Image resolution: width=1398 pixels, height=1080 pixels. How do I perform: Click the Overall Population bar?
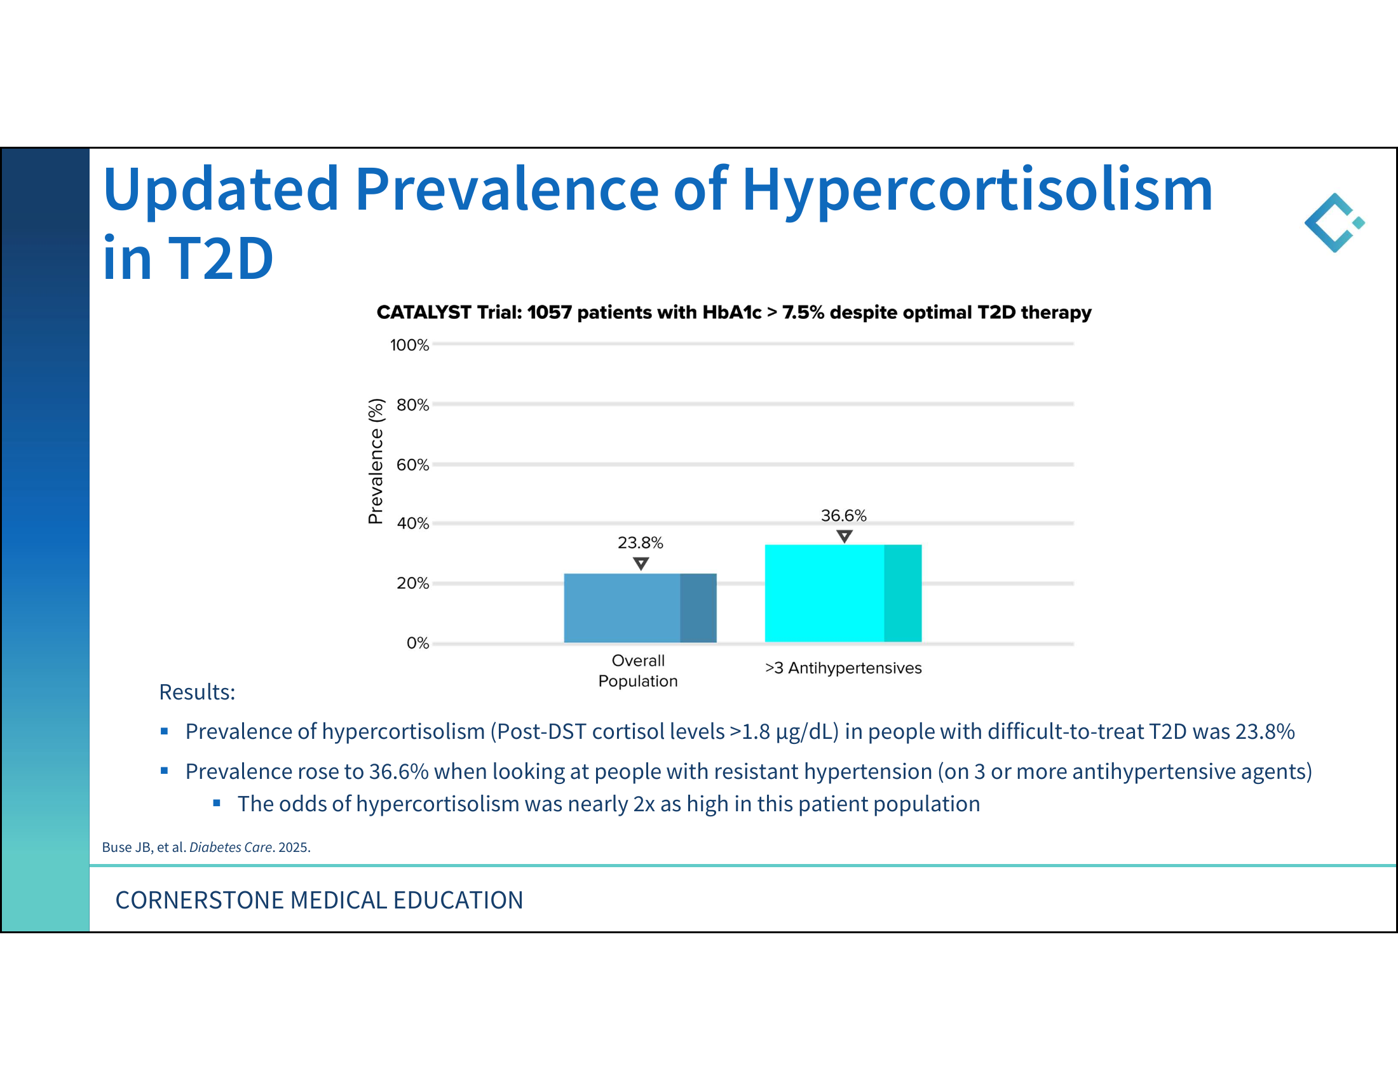(x=640, y=608)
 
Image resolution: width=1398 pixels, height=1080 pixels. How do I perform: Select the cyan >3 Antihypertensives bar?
(x=843, y=593)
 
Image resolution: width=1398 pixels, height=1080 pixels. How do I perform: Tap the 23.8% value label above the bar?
(x=640, y=543)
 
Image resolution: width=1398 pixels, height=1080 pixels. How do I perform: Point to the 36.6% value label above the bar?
(x=844, y=516)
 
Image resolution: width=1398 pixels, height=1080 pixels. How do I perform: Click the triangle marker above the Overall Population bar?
(x=641, y=563)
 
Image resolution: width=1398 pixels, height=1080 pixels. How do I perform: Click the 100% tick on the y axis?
(x=410, y=345)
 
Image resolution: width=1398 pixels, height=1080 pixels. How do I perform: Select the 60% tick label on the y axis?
(x=413, y=464)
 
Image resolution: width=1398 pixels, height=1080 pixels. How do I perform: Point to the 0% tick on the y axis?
(x=418, y=643)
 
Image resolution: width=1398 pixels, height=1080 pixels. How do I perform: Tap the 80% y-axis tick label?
(x=413, y=405)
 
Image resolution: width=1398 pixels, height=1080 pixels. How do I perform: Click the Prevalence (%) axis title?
(x=376, y=461)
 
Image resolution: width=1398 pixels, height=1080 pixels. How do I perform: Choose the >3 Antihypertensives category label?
(x=843, y=668)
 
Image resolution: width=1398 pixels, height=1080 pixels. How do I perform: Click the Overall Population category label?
(x=638, y=670)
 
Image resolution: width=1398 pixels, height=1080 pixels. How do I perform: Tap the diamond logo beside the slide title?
(x=1334, y=222)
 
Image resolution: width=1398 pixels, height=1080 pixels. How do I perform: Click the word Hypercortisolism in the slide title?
(x=977, y=190)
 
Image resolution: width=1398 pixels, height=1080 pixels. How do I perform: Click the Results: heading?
(x=197, y=692)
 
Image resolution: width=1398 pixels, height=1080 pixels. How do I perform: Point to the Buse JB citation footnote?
(x=206, y=847)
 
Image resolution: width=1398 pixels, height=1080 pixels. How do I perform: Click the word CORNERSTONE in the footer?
(x=200, y=900)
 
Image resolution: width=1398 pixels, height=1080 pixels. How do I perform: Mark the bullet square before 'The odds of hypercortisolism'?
(x=217, y=803)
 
